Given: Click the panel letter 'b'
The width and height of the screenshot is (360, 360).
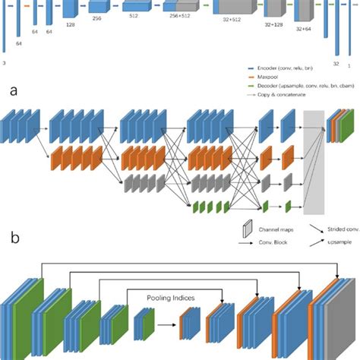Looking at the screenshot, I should click(14, 237).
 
